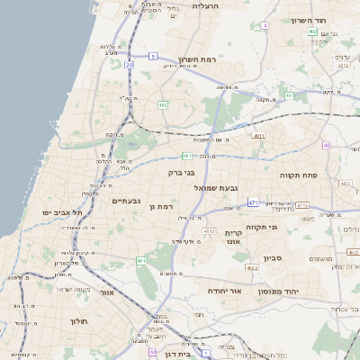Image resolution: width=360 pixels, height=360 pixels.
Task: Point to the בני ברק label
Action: click(x=181, y=171)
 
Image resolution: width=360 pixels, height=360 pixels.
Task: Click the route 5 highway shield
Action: click(x=154, y=56)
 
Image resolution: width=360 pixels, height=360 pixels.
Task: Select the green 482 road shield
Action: click(x=163, y=105)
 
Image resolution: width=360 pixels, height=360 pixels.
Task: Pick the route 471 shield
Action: click(x=254, y=202)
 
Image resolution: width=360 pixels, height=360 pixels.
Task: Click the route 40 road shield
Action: click(x=326, y=145)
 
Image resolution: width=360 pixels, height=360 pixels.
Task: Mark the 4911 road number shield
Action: click(x=259, y=135)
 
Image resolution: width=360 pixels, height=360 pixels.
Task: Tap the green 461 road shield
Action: click(x=141, y=261)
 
